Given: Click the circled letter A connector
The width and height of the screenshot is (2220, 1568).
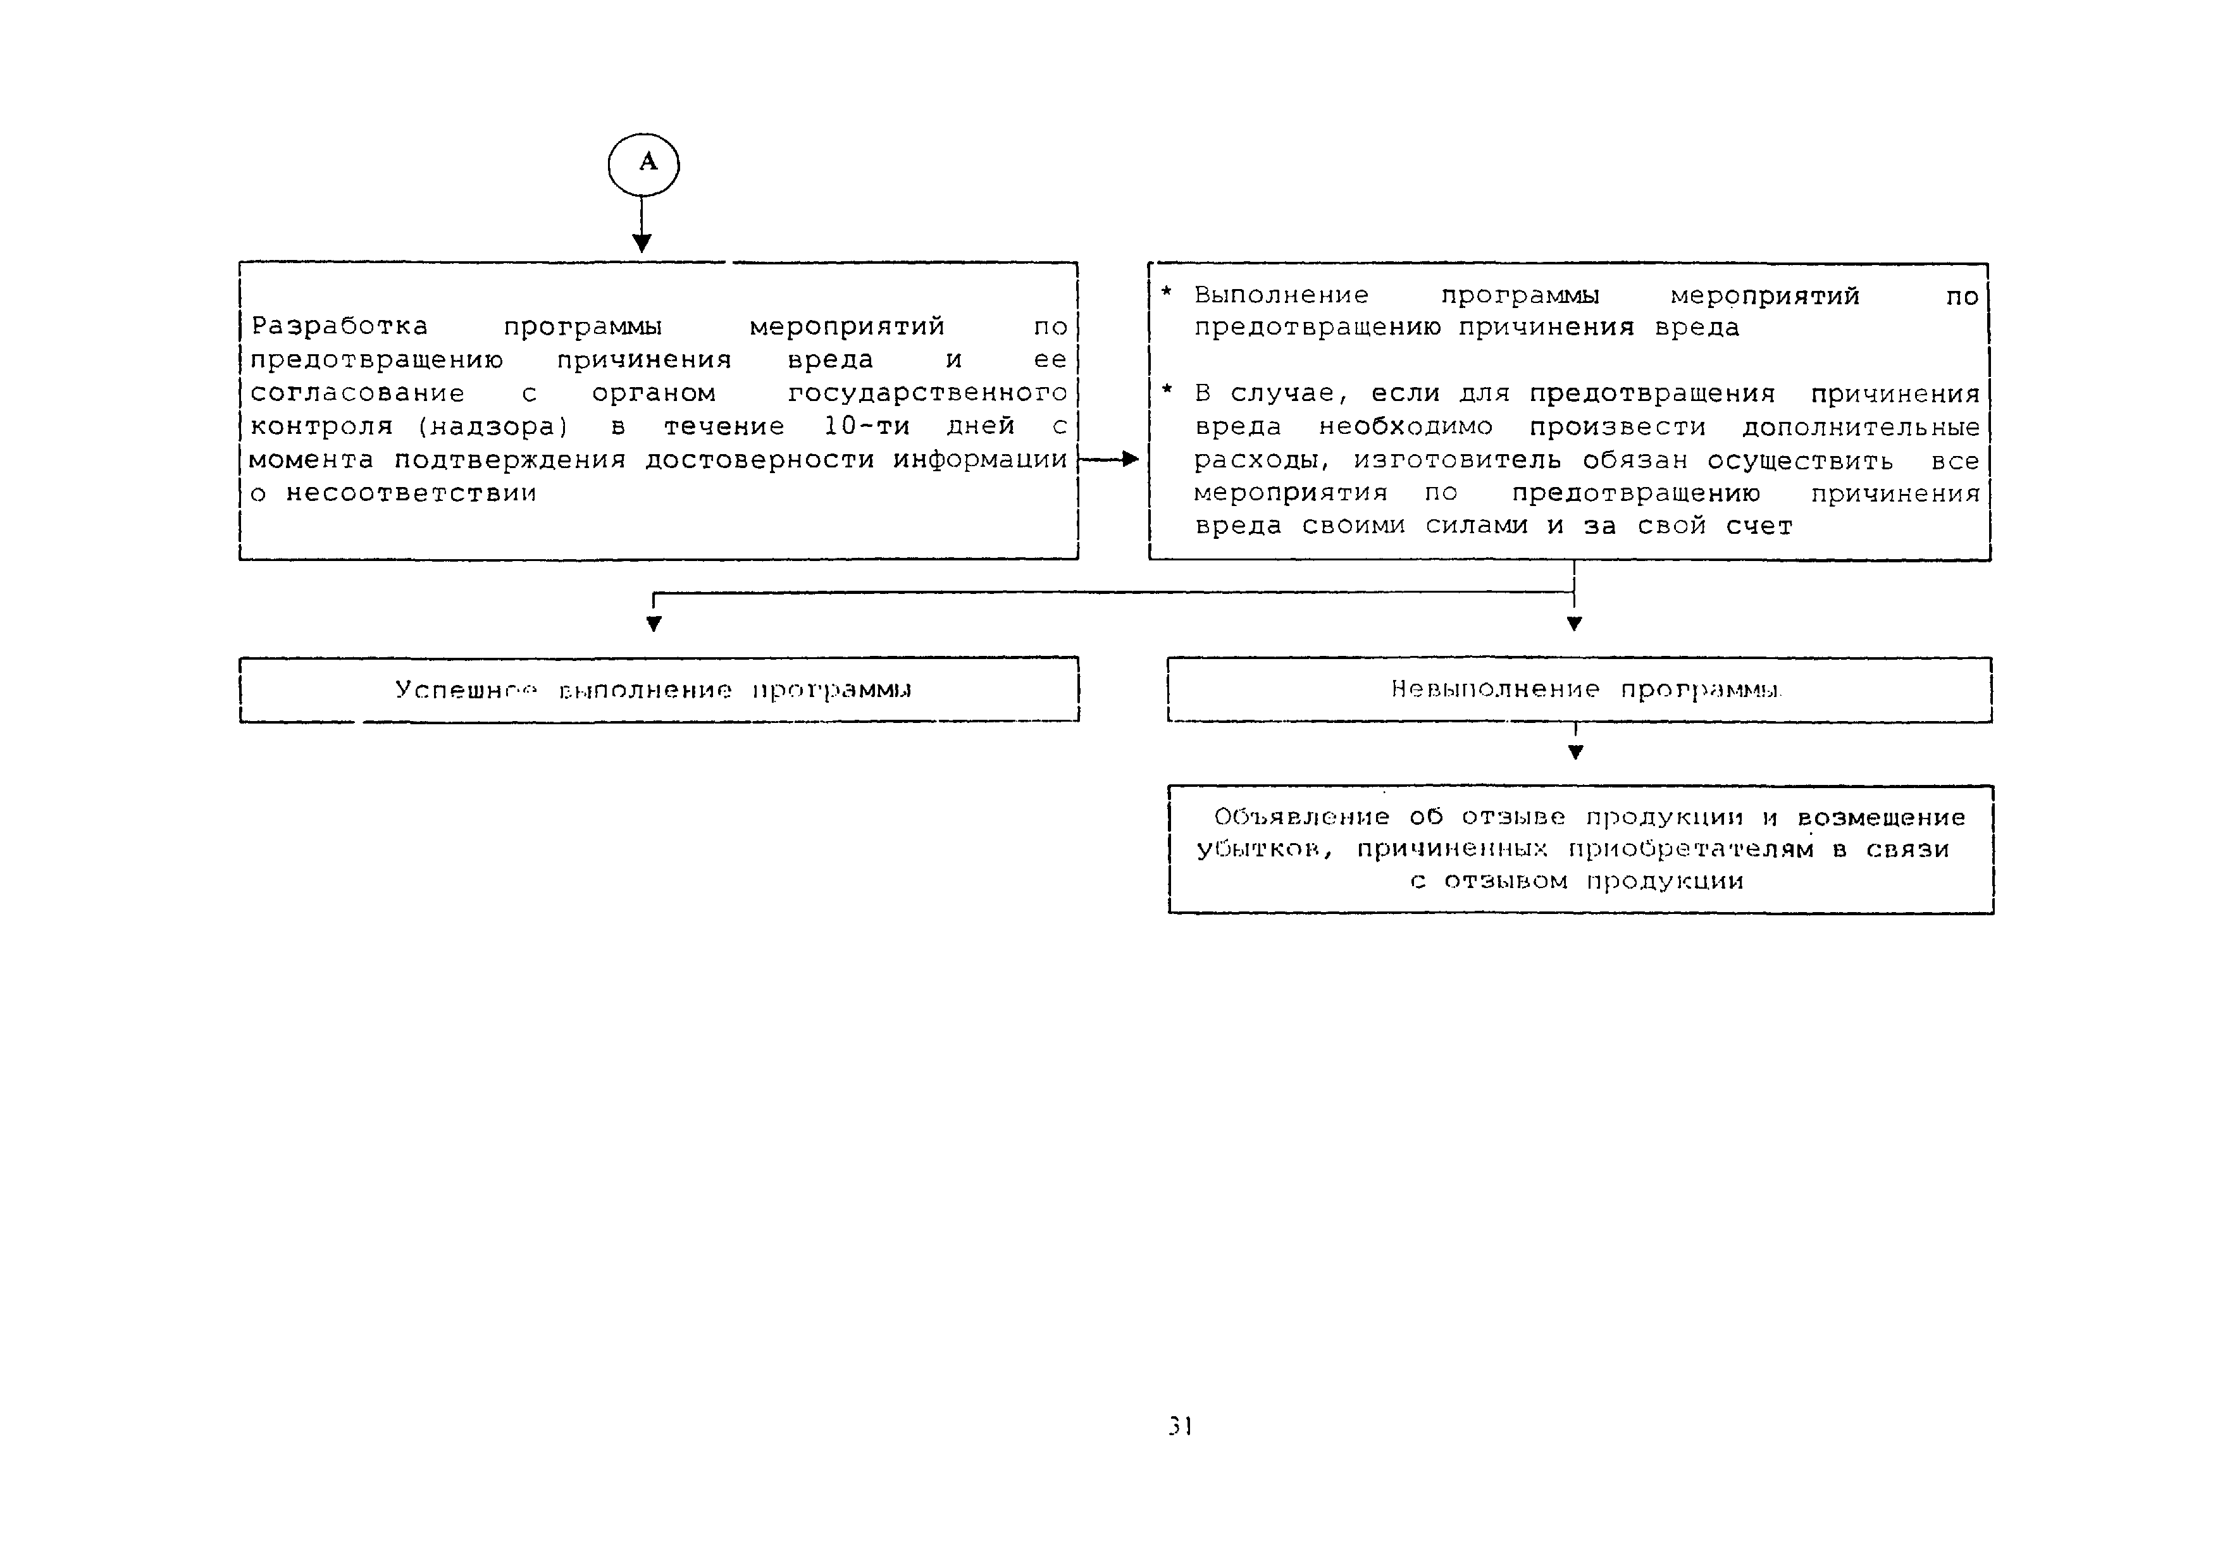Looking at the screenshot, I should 643,163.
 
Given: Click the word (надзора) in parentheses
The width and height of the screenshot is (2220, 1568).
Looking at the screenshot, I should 492,426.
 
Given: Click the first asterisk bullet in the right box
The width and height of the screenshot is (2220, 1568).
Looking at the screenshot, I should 1166,292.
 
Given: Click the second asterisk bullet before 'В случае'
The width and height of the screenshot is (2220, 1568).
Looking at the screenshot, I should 1166,390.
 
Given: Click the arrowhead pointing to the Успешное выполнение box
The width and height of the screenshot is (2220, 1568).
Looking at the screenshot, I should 654,624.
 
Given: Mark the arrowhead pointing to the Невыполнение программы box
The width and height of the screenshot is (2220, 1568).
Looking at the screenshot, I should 1574,624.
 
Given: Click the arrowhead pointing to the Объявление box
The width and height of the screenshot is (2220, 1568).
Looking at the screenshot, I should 1575,751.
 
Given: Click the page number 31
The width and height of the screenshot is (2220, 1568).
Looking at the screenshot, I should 1180,1426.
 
